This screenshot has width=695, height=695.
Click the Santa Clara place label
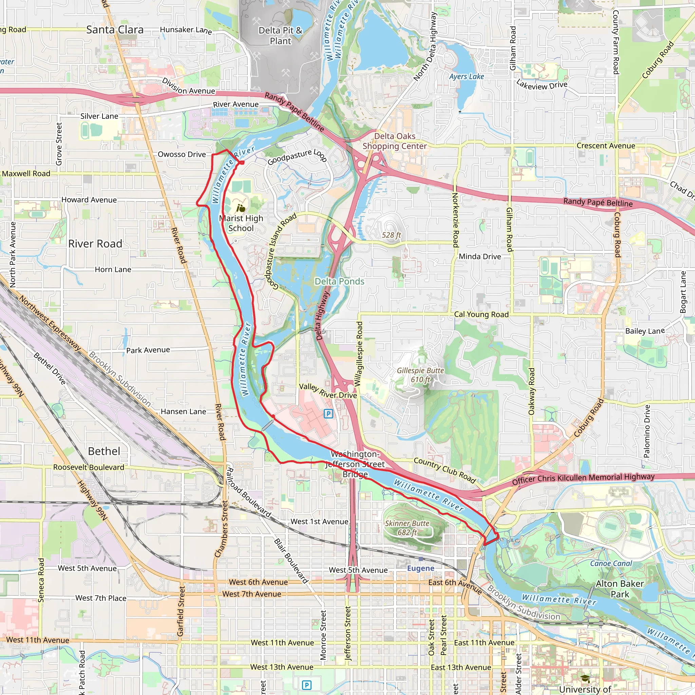[115, 30]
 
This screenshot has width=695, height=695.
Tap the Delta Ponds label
[339, 281]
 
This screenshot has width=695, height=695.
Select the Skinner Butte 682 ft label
[407, 528]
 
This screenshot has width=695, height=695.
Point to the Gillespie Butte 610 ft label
[420, 375]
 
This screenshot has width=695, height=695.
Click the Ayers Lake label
[466, 77]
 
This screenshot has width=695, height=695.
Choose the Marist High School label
[241, 223]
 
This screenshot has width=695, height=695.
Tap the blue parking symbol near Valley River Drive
[328, 414]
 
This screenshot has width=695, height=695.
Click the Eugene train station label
[420, 568]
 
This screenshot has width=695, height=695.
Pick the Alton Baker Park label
[619, 588]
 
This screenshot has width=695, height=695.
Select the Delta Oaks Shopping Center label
[395, 141]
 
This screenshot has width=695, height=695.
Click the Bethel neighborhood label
[104, 451]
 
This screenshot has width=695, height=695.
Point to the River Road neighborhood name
[95, 244]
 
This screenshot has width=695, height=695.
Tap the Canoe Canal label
[611, 563]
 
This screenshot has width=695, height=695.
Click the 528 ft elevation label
[391, 235]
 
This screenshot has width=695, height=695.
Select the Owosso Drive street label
[182, 154]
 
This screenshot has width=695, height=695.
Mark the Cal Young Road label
[481, 314]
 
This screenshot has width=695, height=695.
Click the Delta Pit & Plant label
[281, 35]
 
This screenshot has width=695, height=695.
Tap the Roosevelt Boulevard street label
[89, 467]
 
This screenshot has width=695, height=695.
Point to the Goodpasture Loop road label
[297, 157]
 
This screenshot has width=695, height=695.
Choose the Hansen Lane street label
[183, 412]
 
